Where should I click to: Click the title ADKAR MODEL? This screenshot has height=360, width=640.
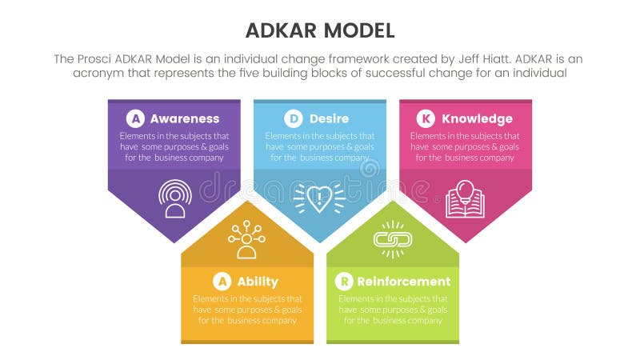click(x=319, y=31)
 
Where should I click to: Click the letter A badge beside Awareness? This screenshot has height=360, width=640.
click(x=136, y=119)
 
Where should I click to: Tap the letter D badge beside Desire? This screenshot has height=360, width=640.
click(x=294, y=119)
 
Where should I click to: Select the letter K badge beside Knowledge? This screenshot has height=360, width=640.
click(x=426, y=119)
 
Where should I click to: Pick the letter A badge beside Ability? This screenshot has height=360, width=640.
click(x=222, y=281)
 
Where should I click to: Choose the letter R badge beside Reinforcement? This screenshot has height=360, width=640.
click(x=343, y=281)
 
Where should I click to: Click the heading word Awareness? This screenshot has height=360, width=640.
click(x=185, y=119)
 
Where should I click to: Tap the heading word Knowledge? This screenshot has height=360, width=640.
click(x=477, y=119)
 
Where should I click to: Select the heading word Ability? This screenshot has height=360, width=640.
click(x=258, y=281)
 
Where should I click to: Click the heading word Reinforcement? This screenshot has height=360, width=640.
click(x=403, y=281)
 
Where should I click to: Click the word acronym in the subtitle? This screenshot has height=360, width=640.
click(x=100, y=73)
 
